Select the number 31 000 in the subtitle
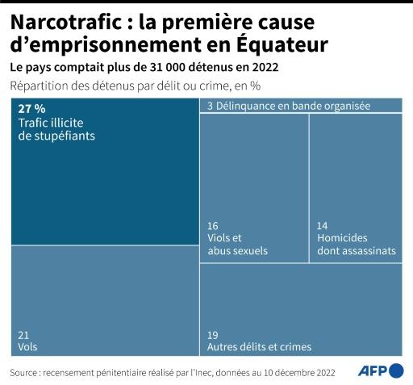point(173,66)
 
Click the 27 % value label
point(31,108)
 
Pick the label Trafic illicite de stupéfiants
point(56,129)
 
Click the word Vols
point(27,347)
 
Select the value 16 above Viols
point(213,225)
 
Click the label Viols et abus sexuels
point(237,245)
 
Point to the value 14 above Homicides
point(323,225)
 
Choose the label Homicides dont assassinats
point(356,245)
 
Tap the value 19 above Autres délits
point(213,334)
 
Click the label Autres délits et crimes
point(259,347)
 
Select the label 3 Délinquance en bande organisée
point(288,106)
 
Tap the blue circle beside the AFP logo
point(396,370)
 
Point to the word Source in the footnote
point(27,372)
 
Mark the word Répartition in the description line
point(40,86)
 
